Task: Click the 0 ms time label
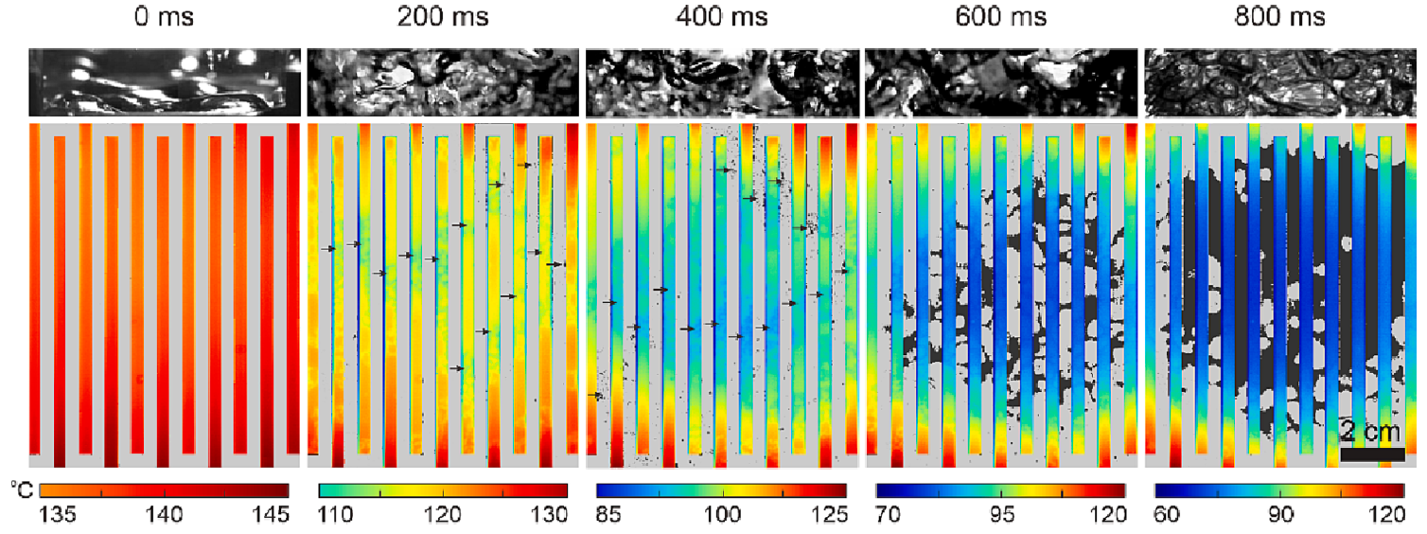pos(164,16)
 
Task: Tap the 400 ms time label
pos(723,16)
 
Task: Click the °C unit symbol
pos(20,489)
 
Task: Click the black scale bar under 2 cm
pos(1372,454)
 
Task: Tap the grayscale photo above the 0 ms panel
pos(165,82)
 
